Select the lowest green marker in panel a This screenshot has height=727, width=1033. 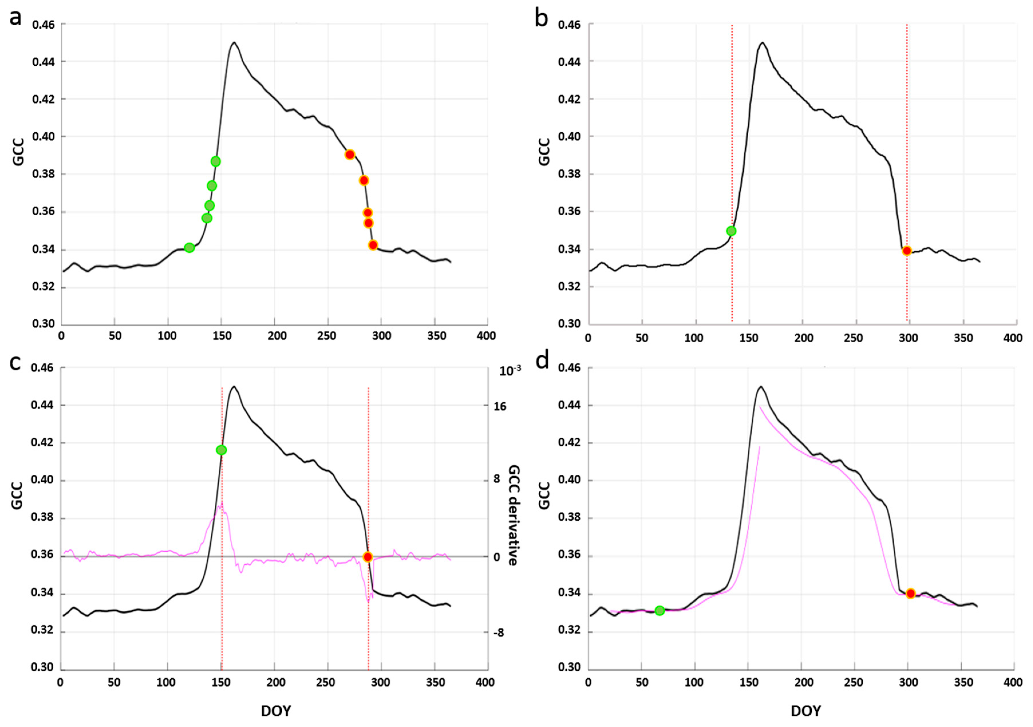(189, 247)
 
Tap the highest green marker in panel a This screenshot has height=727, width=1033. (216, 161)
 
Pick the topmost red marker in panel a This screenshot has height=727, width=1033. (350, 154)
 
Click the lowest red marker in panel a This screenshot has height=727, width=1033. (373, 245)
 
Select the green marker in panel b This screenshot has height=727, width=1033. (731, 231)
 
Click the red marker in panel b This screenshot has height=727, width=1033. (906, 250)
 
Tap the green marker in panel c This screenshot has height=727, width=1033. (221, 450)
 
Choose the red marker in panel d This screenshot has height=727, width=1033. (910, 593)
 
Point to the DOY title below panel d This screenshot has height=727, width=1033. (805, 711)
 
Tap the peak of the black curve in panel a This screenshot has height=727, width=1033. (234, 43)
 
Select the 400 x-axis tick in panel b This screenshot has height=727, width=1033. (1013, 338)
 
